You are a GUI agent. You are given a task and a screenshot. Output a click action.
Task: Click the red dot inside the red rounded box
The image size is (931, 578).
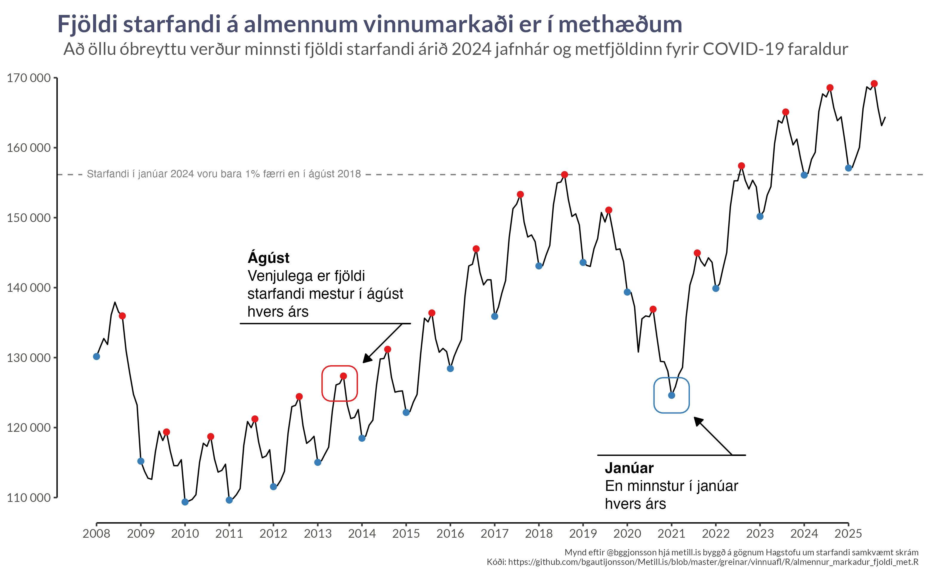(x=343, y=376)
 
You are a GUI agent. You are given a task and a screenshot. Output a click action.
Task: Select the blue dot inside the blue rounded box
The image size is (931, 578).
(x=671, y=395)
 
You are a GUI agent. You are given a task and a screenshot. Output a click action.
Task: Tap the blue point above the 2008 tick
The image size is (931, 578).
(x=97, y=357)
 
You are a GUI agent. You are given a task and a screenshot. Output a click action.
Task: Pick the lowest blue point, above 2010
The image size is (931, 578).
(x=185, y=502)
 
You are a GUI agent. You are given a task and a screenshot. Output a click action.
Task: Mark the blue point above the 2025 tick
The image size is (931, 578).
(x=848, y=168)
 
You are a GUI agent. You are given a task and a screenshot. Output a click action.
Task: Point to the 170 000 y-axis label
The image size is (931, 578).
(x=29, y=78)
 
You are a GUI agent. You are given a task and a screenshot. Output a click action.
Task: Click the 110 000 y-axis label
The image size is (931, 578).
(x=29, y=498)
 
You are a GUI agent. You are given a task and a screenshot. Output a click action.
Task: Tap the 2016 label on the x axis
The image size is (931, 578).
(x=450, y=534)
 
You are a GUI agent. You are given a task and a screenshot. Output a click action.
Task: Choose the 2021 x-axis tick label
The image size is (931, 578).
(x=671, y=534)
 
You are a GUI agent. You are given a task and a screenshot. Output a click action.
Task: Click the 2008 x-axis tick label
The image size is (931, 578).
(x=97, y=534)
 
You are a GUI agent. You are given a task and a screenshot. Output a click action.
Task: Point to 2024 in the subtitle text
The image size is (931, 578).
(x=471, y=49)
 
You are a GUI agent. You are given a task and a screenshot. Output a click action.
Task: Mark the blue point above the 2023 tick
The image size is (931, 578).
(x=760, y=217)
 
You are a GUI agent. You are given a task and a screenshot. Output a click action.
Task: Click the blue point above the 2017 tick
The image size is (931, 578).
(x=494, y=317)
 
